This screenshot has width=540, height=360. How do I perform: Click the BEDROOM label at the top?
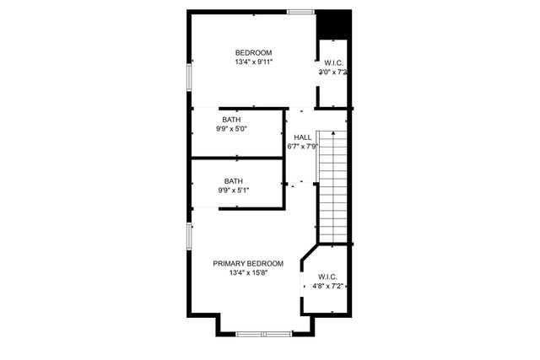coord(253,52)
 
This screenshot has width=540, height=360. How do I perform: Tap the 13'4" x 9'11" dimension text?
coord(253,62)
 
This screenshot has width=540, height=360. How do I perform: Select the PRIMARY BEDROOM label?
coord(248,263)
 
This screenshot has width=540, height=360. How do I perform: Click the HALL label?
coord(302,137)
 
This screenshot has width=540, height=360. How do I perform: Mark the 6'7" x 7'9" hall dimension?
coord(302,147)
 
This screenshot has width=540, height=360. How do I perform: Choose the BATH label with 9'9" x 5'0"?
coord(231,120)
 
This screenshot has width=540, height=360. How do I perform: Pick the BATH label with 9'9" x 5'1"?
coord(234,180)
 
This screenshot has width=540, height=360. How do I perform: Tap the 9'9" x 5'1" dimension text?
coord(234,191)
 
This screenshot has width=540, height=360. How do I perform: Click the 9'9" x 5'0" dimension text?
coord(231,130)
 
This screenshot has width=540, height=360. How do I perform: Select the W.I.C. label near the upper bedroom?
coord(333,63)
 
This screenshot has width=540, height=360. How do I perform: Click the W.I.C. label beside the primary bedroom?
coord(327,277)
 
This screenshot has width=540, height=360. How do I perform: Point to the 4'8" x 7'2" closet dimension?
coord(328,287)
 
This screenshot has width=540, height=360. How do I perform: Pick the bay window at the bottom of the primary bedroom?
coord(262,335)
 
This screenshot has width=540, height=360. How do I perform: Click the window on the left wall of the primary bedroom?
coord(189,236)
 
